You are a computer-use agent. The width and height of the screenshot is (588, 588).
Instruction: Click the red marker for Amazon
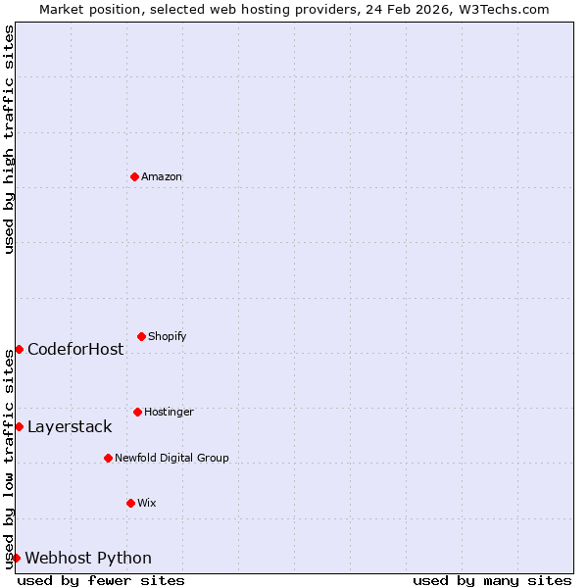click(134, 176)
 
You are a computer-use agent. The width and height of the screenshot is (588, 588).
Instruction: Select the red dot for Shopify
click(141, 336)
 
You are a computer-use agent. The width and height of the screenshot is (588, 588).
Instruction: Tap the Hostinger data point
click(137, 412)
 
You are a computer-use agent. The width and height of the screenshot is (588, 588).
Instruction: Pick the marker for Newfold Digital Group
click(108, 458)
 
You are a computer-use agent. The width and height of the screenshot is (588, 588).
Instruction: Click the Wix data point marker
click(130, 503)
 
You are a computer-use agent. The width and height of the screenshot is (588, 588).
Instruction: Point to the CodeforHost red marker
click(19, 349)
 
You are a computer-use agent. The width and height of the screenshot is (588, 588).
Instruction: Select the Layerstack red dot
click(19, 426)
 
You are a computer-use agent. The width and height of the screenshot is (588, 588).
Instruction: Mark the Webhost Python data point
click(16, 558)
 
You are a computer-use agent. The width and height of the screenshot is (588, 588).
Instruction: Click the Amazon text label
click(162, 177)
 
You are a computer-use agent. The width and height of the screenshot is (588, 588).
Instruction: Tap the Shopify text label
click(168, 337)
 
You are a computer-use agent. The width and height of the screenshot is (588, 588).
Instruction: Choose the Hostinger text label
click(169, 413)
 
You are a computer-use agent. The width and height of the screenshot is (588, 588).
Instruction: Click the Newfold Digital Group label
click(171, 459)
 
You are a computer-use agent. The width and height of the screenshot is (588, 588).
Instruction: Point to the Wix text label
click(147, 504)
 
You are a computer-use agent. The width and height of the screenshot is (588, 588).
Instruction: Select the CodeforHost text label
click(75, 350)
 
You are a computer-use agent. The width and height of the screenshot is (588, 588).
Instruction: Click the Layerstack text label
click(70, 427)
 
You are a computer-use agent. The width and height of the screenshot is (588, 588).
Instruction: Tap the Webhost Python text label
click(88, 559)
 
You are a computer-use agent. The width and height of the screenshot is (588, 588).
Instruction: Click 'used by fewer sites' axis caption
click(101, 580)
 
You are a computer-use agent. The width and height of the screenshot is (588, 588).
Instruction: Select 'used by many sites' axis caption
click(492, 580)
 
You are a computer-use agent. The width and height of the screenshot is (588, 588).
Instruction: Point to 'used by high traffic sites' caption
click(9, 139)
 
